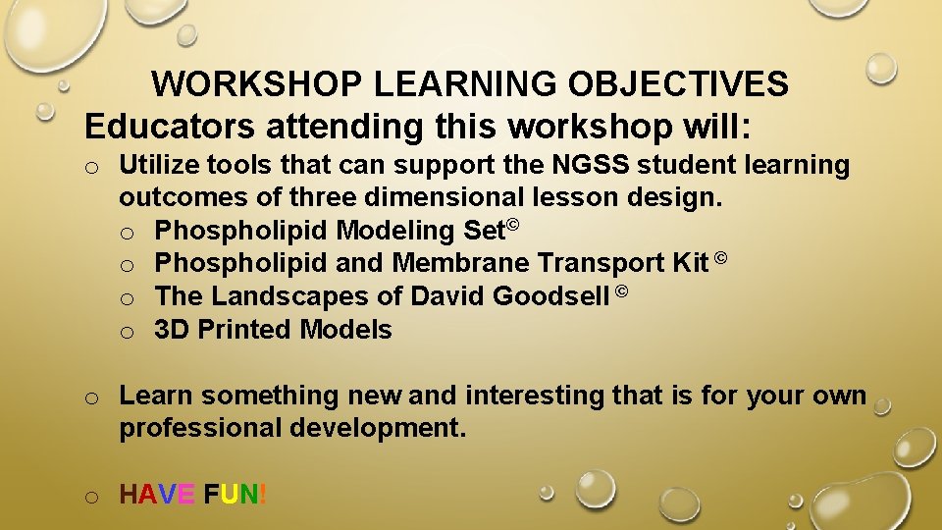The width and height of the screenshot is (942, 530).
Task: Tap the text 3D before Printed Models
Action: tap(172, 330)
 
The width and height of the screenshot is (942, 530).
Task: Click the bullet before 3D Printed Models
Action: tap(127, 332)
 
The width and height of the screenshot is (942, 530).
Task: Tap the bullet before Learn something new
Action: tap(90, 397)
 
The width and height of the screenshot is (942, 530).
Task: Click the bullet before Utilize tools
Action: tap(90, 167)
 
